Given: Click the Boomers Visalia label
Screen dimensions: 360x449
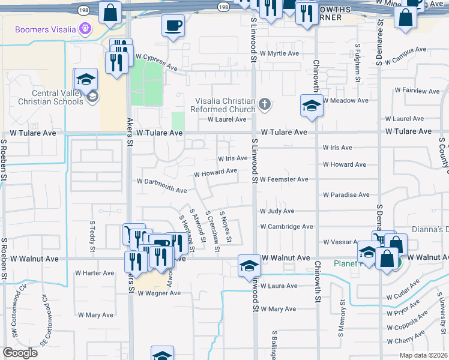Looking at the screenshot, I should pyautogui.click(x=46, y=29).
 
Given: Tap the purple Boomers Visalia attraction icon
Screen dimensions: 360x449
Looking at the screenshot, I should pyautogui.click(x=86, y=29).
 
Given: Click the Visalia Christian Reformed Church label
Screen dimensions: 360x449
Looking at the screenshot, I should pyautogui.click(x=223, y=105).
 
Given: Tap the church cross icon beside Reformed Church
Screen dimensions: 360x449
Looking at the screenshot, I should pyautogui.click(x=264, y=106).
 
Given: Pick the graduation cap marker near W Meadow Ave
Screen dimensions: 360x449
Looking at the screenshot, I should pyautogui.click(x=312, y=105).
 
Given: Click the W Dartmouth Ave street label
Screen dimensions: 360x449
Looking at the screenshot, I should pyautogui.click(x=162, y=185).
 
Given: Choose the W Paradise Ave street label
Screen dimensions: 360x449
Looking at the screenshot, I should pyautogui.click(x=346, y=195).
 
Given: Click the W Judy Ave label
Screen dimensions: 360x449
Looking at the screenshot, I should pyautogui.click(x=277, y=211).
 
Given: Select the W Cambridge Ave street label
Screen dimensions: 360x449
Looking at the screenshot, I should pyautogui.click(x=286, y=227).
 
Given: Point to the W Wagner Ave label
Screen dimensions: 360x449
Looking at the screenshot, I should pyautogui.click(x=158, y=293).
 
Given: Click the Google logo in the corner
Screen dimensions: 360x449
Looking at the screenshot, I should pyautogui.click(x=20, y=353).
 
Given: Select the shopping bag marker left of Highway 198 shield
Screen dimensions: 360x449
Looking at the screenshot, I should pyautogui.click(x=110, y=12).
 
